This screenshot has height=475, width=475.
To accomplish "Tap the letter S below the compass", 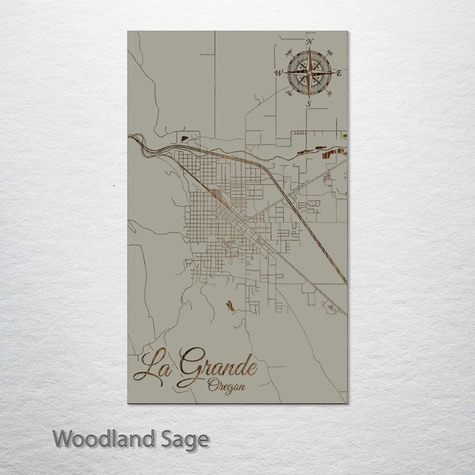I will point(308,104).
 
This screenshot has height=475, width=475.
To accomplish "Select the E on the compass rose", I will point(339,73).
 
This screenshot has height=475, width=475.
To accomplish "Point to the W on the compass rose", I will point(278,73).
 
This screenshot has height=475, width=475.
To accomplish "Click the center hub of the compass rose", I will point(308,73).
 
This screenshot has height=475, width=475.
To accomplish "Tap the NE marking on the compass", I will point(329,53).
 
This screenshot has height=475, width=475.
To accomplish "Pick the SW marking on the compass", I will point(288,94).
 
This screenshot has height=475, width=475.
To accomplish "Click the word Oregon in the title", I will point(224,386).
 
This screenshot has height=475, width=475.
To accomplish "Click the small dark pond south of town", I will point(229,306).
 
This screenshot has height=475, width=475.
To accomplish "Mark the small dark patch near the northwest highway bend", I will point(185,139).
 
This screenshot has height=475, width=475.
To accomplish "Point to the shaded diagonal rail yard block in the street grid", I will point(218,195).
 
